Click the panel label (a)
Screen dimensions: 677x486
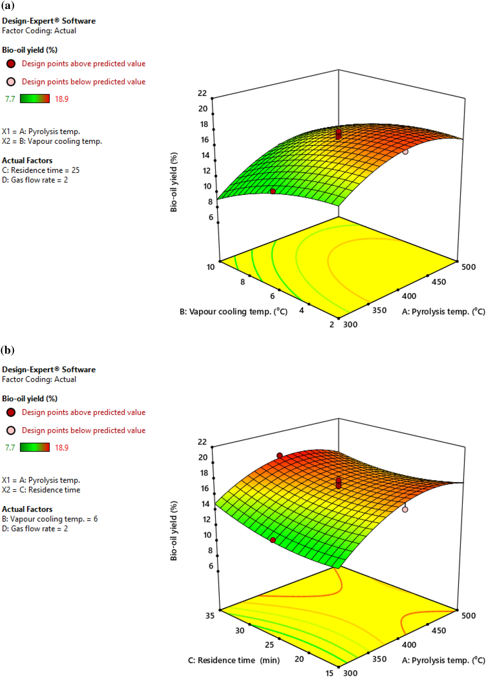[x=7, y=6]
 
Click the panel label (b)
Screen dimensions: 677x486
[x=7, y=350]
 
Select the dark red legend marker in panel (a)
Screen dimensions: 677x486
[x=11, y=64]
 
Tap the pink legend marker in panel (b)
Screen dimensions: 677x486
[x=11, y=430]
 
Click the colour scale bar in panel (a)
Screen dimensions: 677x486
[x=35, y=99]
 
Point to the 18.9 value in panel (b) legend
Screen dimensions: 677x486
[x=61, y=448]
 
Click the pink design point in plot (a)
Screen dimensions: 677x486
[x=405, y=152]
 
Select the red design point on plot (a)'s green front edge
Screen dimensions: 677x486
[x=273, y=191]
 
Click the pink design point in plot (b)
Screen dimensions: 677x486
[x=405, y=509]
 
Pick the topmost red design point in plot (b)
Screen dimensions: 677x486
[x=279, y=455]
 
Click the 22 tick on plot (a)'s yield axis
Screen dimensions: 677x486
[x=202, y=93]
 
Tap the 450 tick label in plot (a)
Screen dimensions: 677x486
[x=438, y=282]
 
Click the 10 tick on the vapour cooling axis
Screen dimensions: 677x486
[x=210, y=267]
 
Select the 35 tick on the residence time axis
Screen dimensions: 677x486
[x=210, y=616]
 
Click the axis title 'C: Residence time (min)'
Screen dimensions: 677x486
[x=233, y=660]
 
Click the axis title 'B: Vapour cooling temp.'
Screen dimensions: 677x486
[x=233, y=312]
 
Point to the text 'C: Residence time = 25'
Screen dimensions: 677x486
[x=41, y=170]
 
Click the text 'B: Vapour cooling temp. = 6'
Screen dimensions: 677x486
[x=50, y=519]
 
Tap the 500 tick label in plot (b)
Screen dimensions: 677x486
[x=468, y=616]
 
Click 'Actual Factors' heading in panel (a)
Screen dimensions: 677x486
[x=27, y=161]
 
